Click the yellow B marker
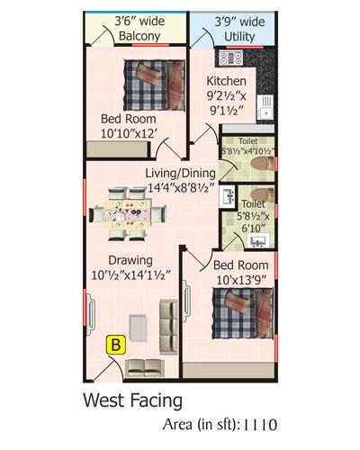[x=116, y=345]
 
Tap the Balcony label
[x=139, y=36]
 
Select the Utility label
[x=239, y=37]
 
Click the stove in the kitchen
[x=230, y=58]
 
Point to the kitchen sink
[x=265, y=107]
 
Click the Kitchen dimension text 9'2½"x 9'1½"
[x=226, y=103]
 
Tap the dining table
[x=128, y=212]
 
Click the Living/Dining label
[x=181, y=174]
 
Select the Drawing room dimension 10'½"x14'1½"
[x=131, y=274]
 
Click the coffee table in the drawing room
[x=139, y=328]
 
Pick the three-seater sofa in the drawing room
[x=169, y=327]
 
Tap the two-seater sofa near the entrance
[x=145, y=368]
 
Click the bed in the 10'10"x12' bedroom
[x=155, y=85]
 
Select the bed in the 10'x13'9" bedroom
[x=243, y=313]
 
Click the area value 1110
[x=259, y=425]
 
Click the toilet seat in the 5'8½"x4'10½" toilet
[x=262, y=164]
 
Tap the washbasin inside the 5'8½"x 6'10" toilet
[x=257, y=240]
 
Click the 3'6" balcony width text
[x=139, y=22]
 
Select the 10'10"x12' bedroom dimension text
[x=128, y=133]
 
